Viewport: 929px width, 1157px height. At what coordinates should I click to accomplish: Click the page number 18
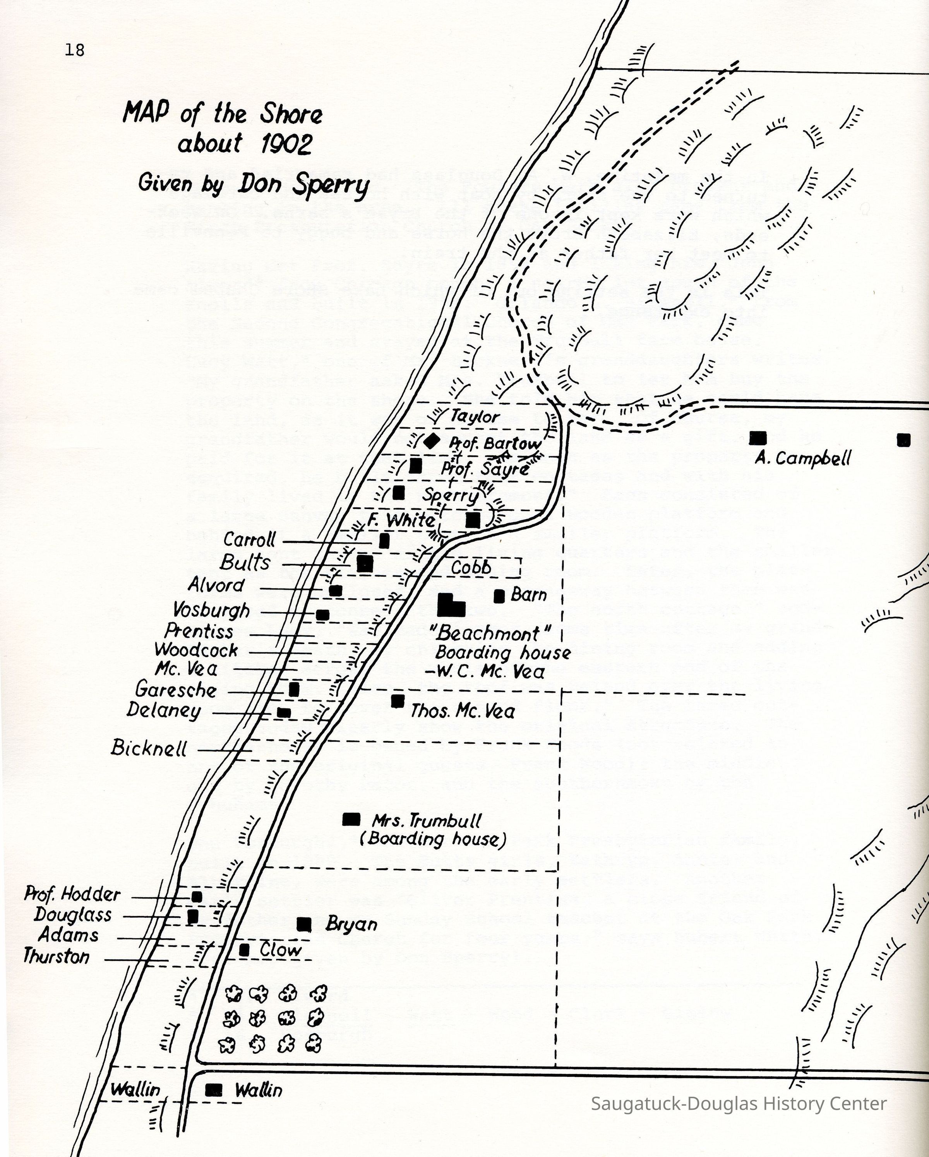pyautogui.click(x=75, y=50)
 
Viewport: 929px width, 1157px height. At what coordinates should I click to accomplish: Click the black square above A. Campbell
pyautogui.click(x=757, y=438)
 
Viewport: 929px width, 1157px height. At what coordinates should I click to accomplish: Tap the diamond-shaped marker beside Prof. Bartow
pyautogui.click(x=430, y=442)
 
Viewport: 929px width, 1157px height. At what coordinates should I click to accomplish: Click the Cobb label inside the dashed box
pyautogui.click(x=471, y=567)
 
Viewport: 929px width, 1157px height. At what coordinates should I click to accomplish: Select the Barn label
pyautogui.click(x=529, y=595)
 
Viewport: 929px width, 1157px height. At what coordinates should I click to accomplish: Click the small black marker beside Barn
pyautogui.click(x=499, y=596)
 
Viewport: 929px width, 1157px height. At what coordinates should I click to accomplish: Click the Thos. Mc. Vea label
pyautogui.click(x=462, y=712)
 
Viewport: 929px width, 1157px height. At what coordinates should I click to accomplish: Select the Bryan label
pyautogui.click(x=351, y=924)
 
